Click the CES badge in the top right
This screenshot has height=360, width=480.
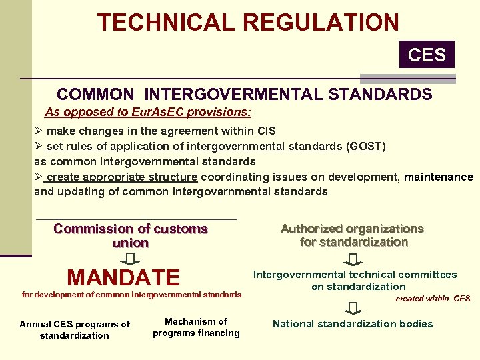427,54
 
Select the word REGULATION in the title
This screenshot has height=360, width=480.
321,22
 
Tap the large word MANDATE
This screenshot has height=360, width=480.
123,277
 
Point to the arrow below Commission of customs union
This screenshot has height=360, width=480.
131,259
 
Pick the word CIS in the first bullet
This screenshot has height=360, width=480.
265,131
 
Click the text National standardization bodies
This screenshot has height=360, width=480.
353,324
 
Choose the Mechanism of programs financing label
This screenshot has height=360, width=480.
196,327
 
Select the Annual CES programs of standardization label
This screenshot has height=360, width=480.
75,330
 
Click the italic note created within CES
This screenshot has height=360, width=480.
433,298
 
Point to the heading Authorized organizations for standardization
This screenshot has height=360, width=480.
353,235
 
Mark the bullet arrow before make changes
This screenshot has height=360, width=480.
39,131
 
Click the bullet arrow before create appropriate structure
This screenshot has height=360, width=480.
39,177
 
